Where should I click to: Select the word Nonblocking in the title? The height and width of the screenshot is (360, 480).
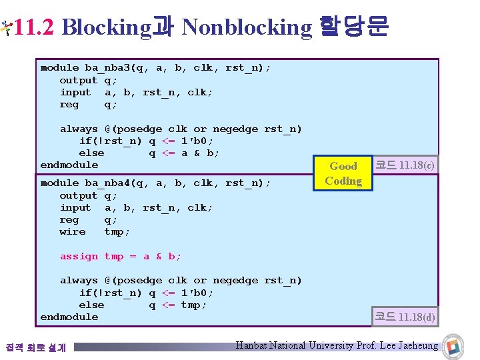pyautogui.click(x=246, y=27)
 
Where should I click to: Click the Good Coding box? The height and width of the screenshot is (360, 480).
pyautogui.click(x=343, y=173)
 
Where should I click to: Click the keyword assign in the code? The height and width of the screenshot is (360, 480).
pyautogui.click(x=79, y=257)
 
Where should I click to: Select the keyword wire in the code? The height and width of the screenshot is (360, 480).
pyautogui.click(x=73, y=232)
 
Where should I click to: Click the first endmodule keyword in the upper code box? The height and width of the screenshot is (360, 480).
pyautogui.click(x=69, y=165)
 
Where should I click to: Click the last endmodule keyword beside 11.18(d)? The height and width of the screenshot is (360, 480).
pyautogui.click(x=69, y=317)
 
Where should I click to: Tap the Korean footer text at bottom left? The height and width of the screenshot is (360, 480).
pyautogui.click(x=35, y=347)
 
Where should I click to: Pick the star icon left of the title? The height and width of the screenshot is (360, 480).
pyautogui.click(x=6, y=27)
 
